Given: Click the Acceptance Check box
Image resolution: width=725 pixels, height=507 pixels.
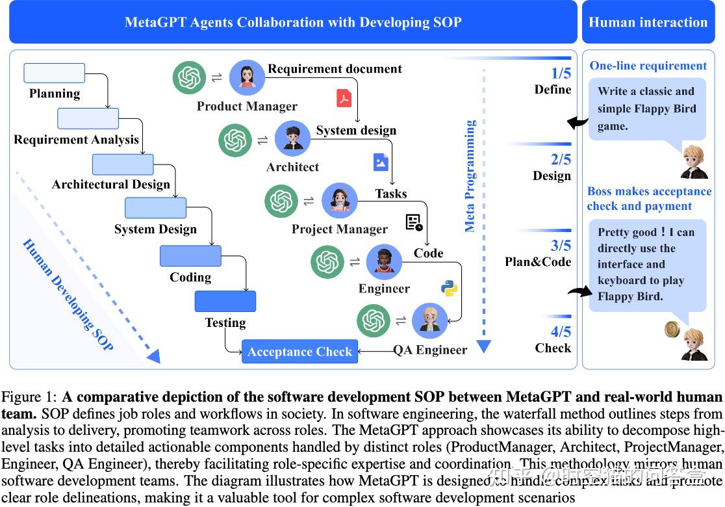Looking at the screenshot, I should coord(299,352).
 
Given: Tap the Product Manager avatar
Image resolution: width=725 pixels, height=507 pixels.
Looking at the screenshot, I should coord(247,78).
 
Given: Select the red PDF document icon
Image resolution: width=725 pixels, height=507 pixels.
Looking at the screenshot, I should coord(344,98).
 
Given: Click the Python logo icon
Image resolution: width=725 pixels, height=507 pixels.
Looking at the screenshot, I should coord(449,288).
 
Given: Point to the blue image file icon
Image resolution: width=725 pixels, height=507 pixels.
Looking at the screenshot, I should coord(381,162).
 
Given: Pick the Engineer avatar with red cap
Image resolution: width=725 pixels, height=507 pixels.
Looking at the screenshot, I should coord(385,261).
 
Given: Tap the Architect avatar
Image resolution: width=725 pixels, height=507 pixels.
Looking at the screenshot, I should coord(292,138).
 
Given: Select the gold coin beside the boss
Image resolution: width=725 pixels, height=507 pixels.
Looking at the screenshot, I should coord(672,330).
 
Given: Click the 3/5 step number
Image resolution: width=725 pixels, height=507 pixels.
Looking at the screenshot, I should coord(561,246).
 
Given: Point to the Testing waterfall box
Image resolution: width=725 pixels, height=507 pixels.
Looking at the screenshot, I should coord(225,301).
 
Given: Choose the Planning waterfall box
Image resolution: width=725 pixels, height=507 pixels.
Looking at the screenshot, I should coord(55,73).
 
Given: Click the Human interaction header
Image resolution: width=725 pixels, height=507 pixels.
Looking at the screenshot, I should coord(648,22).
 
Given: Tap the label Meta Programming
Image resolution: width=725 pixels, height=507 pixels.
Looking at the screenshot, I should coord(470,176).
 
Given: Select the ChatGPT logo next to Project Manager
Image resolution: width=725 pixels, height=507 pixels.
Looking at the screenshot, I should coord(281,201).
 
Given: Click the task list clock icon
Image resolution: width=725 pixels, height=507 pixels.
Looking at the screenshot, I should coord(414,223).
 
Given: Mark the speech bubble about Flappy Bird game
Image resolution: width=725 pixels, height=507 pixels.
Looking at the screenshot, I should coord(646,109).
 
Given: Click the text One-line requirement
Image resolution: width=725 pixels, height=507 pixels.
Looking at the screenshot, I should coord(648,66).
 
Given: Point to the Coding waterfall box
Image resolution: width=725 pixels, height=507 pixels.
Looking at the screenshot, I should coord(190,256).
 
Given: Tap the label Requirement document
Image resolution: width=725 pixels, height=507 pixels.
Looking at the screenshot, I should coord(335,69).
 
